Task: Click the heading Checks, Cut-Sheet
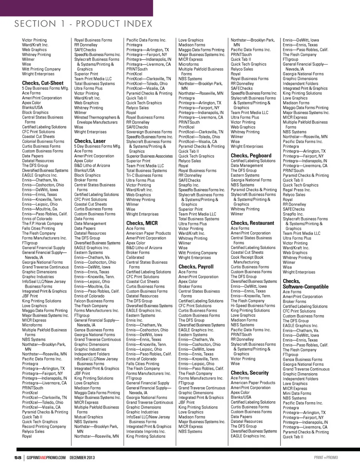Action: [43, 83]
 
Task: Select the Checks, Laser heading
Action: [90, 141]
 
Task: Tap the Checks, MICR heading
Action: [142, 223]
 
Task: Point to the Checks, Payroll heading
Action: [196, 267]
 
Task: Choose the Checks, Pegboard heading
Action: [251, 155]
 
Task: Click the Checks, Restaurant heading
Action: [252, 223]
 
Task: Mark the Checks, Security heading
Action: [249, 373]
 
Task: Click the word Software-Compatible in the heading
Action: [305, 287]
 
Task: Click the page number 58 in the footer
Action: [18, 457]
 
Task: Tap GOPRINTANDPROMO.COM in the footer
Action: [46, 457]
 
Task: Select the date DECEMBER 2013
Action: [82, 457]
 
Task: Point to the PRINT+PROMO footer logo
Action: [325, 457]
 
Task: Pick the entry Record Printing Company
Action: [44, 426]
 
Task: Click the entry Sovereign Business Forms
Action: [149, 132]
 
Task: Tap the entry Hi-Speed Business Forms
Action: [253, 306]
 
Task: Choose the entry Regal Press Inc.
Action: [297, 190]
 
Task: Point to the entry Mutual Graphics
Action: [88, 417]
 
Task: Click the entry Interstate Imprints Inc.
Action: [146, 431]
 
